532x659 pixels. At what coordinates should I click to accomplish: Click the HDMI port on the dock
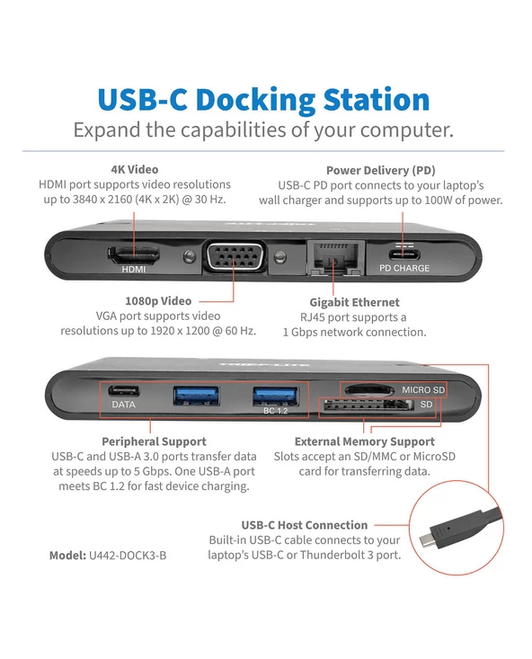click(x=134, y=254)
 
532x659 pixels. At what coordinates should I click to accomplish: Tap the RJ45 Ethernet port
click(x=336, y=258)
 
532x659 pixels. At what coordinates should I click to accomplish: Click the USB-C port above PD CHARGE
click(x=403, y=254)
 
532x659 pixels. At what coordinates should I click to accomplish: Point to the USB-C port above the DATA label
click(x=123, y=391)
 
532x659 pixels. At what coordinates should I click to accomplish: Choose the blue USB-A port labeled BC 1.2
click(x=275, y=396)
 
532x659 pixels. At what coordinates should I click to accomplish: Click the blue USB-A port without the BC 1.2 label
click(x=196, y=396)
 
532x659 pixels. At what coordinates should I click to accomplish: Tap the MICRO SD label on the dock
click(x=423, y=389)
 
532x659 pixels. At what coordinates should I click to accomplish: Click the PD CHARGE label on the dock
click(x=404, y=268)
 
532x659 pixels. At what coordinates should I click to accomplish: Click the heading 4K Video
click(x=135, y=169)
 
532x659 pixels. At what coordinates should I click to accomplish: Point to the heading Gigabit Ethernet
click(x=354, y=302)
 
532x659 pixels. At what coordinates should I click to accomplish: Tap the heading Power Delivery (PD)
click(x=381, y=170)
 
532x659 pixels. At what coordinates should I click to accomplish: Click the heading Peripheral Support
click(x=154, y=441)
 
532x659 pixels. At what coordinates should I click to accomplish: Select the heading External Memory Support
click(x=364, y=441)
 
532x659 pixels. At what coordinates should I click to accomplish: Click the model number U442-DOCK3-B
click(x=128, y=556)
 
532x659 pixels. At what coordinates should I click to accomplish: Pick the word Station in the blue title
click(x=377, y=100)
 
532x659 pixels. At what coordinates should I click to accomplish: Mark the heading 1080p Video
click(x=158, y=301)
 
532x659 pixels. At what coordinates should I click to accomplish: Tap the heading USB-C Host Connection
click(x=305, y=525)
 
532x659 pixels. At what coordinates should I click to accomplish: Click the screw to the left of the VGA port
click(x=190, y=256)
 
